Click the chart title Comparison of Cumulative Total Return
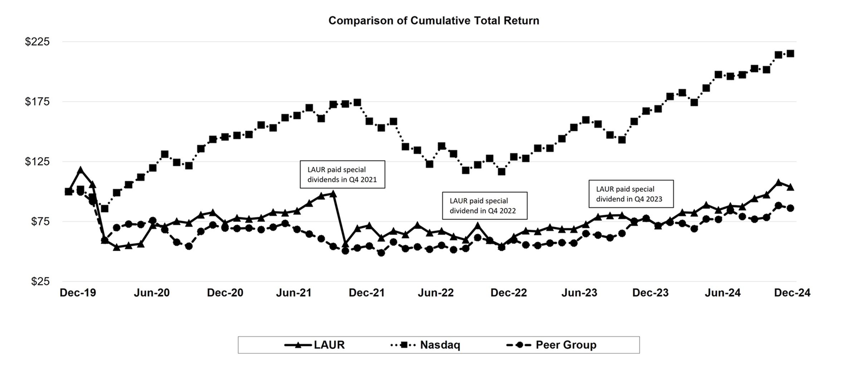pyautogui.click(x=434, y=21)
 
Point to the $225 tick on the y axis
pyautogui.click(x=37, y=42)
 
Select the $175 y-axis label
pyautogui.click(x=37, y=102)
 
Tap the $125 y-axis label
pyautogui.click(x=37, y=161)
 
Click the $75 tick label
pyautogui.click(x=40, y=221)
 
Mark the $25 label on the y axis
pyautogui.click(x=40, y=281)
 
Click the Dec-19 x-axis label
pyautogui.click(x=78, y=293)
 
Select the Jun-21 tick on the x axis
pyautogui.click(x=294, y=293)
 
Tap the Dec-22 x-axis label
pyautogui.click(x=508, y=293)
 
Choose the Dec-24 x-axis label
pyautogui.click(x=792, y=293)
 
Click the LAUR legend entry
pyautogui.click(x=315, y=345)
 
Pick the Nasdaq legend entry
pyautogui.click(x=426, y=345)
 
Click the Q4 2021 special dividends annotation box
pyautogui.click(x=342, y=174)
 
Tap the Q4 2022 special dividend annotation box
pyautogui.click(x=484, y=206)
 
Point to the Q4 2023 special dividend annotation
pyautogui.click(x=631, y=194)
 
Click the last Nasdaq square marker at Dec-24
pyautogui.click(x=790, y=54)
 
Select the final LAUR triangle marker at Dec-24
pyautogui.click(x=790, y=187)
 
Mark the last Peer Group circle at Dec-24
pyautogui.click(x=790, y=208)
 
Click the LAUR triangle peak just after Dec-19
pyautogui.click(x=80, y=170)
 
